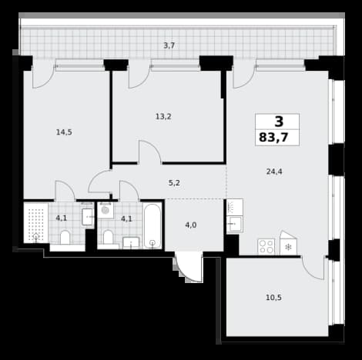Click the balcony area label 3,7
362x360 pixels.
(169, 45)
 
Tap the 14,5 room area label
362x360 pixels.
(64, 132)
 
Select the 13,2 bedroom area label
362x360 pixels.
(163, 117)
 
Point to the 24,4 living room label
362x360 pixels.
(274, 172)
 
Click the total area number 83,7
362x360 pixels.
(273, 138)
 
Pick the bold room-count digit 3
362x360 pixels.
(279, 122)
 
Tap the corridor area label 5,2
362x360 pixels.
(174, 183)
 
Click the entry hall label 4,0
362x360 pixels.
(191, 225)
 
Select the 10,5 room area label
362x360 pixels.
(273, 298)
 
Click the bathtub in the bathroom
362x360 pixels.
(153, 226)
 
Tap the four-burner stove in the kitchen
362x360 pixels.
(266, 247)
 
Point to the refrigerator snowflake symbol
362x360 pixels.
(288, 247)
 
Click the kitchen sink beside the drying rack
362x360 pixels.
(235, 225)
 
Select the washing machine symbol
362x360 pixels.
(106, 210)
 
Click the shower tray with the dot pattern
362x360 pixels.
(36, 223)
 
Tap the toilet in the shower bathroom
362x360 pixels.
(65, 237)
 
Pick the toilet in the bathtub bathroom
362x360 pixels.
(108, 237)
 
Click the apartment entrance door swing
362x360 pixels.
(189, 268)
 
